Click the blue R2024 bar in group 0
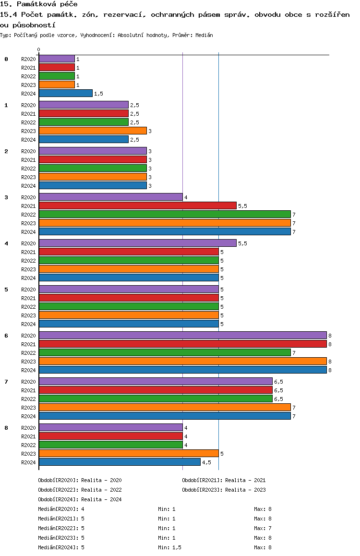(x=66, y=93)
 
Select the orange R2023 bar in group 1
(x=93, y=131)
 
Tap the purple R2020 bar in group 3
(x=111, y=197)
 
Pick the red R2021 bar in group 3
(x=137, y=205)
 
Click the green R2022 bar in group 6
(x=165, y=352)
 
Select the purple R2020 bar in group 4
(x=137, y=243)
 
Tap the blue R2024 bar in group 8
(x=120, y=462)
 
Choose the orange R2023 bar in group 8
(x=129, y=454)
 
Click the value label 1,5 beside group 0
(x=98, y=94)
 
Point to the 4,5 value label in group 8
(x=206, y=462)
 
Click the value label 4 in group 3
(x=186, y=197)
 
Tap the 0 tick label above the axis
(x=38, y=49)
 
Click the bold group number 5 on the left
(x=6, y=290)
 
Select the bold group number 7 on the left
(x=6, y=382)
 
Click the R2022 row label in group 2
(x=28, y=169)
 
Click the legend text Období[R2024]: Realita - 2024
(x=80, y=499)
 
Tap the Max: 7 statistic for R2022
(x=263, y=528)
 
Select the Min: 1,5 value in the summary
(x=169, y=547)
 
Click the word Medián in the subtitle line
(x=204, y=35)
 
